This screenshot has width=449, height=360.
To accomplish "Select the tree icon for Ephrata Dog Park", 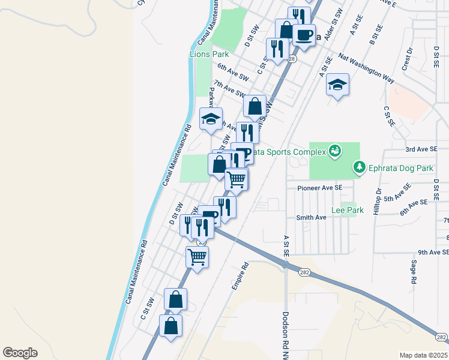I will pos(359,166).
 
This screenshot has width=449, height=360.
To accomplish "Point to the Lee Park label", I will pos(344,211).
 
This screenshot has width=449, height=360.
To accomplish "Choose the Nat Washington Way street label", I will pos(366,67).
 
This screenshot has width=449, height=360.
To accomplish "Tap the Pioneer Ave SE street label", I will pos(320,187).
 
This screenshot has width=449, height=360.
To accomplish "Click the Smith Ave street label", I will pos(310,217).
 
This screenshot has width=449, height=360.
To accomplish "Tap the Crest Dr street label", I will pos(409,58).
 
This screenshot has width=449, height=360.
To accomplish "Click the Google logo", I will pos(20,353).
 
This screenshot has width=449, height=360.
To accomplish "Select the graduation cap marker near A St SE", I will pos(338,86).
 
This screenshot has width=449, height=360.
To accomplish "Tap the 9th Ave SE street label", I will pos(432,253).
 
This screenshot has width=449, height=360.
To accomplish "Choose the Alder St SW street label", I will pos(333,25).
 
